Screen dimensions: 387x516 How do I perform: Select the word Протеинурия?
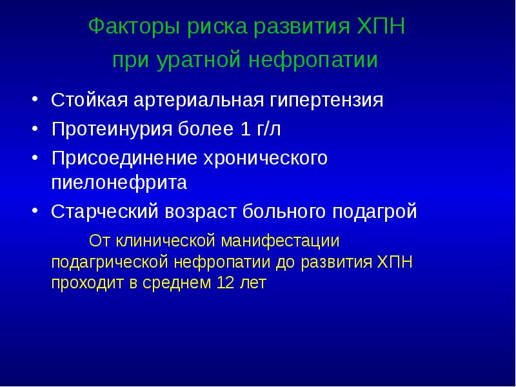(x=110, y=130)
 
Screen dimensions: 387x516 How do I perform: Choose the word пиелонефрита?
(x=119, y=183)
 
